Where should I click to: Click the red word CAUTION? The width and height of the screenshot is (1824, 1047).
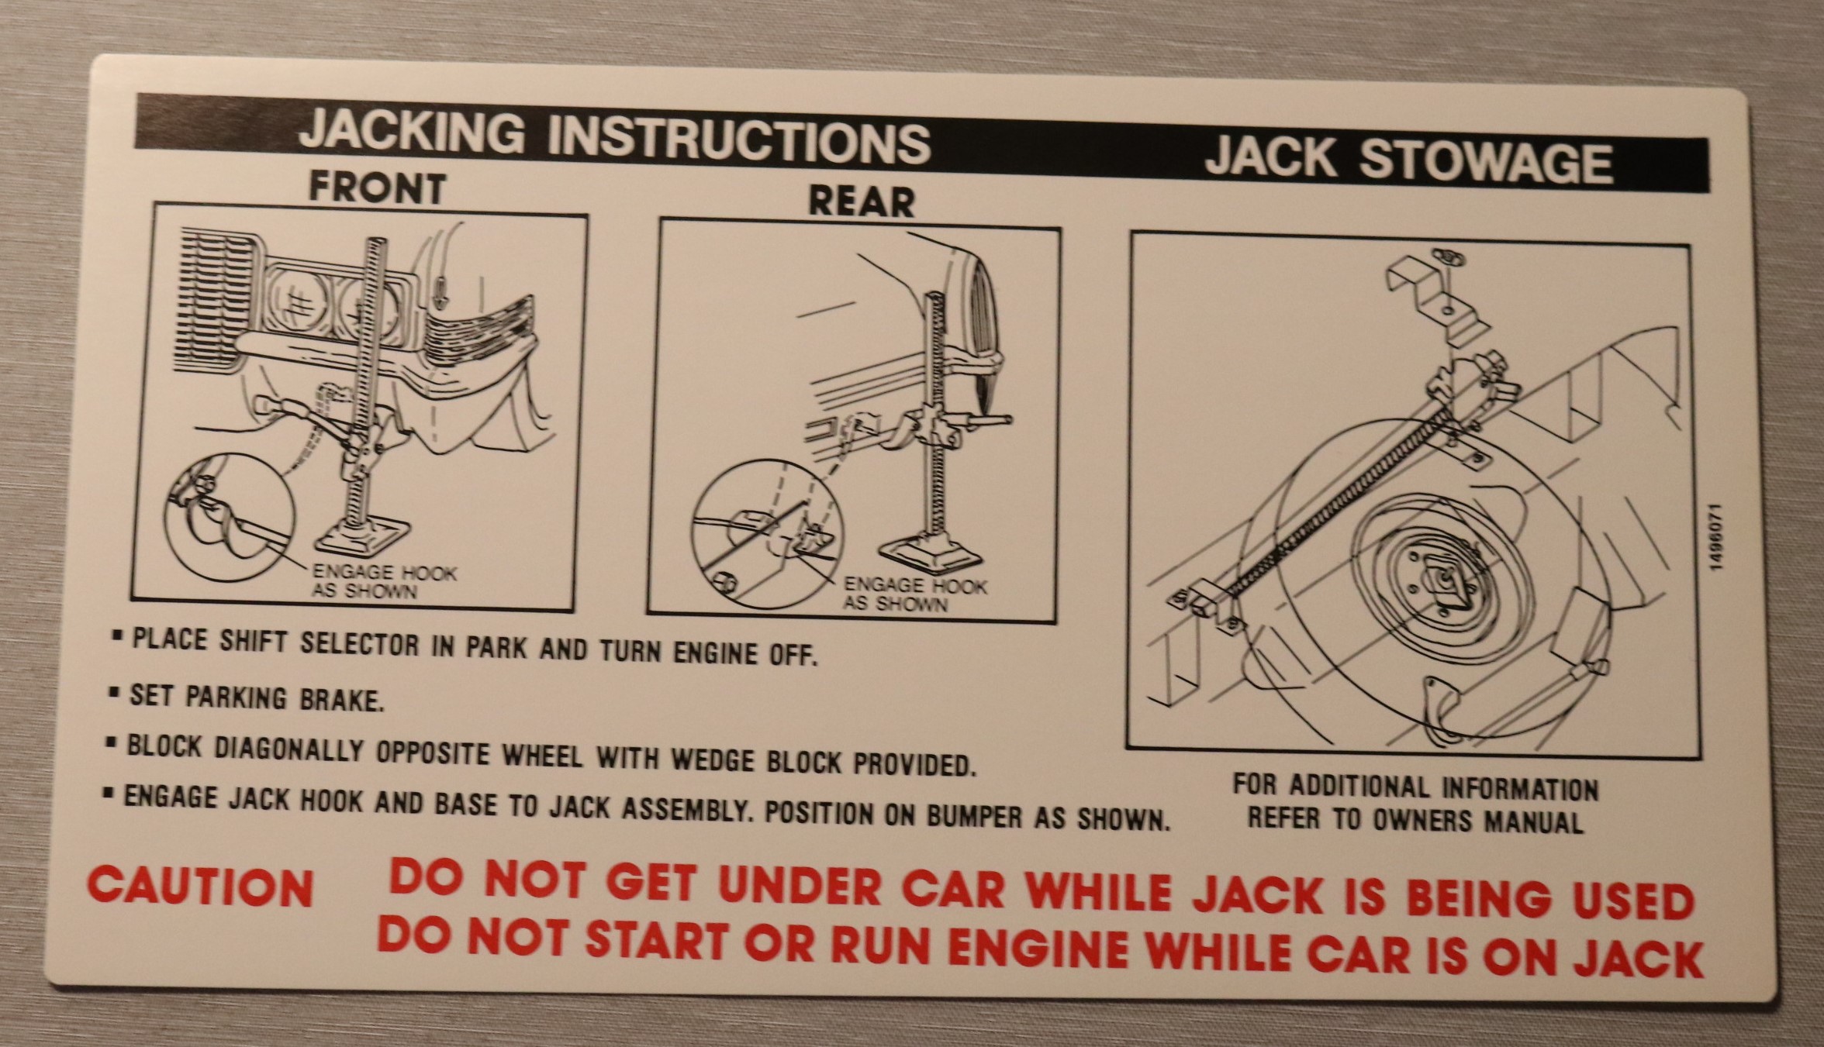[200, 887]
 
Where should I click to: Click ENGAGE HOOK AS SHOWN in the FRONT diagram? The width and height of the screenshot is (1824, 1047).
[384, 582]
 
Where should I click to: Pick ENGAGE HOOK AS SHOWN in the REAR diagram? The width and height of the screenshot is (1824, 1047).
[914, 594]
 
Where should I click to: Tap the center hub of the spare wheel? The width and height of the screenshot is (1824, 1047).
[1443, 578]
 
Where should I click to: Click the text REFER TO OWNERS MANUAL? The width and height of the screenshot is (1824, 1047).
[1415, 820]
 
